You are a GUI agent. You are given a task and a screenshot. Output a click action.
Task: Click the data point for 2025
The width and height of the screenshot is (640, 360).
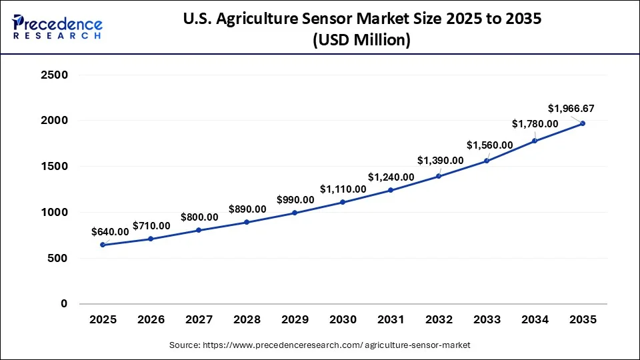click(x=103, y=245)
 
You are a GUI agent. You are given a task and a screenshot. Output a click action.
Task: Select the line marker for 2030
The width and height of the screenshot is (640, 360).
click(x=343, y=202)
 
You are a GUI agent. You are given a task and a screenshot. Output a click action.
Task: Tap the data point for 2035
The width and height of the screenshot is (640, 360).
click(x=583, y=123)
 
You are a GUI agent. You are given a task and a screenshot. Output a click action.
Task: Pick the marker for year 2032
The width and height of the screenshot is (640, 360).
click(x=439, y=176)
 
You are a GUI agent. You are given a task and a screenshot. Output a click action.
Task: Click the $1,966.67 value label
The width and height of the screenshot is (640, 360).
click(x=571, y=108)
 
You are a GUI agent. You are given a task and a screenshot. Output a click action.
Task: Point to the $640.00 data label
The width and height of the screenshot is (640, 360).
click(x=110, y=231)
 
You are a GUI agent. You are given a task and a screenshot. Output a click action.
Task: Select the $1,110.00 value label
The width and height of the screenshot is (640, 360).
click(x=343, y=189)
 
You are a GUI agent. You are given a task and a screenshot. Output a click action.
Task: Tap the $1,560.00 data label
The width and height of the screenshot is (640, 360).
click(x=490, y=145)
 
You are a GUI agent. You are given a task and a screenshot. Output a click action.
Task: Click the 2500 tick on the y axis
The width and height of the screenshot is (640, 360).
click(x=55, y=75)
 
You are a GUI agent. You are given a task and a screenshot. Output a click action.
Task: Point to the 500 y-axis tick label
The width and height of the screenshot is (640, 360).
click(x=59, y=258)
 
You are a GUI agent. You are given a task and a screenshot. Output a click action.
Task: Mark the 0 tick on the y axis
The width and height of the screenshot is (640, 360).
click(x=64, y=303)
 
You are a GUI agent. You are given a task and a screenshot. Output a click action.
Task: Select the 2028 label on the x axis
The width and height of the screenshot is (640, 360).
click(x=247, y=320)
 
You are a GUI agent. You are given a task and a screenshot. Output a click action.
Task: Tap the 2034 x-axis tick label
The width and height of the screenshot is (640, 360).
click(x=535, y=320)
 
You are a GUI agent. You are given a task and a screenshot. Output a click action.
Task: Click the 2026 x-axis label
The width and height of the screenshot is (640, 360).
click(x=151, y=320)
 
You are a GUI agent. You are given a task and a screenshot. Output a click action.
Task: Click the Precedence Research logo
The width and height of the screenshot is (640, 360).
click(x=57, y=27)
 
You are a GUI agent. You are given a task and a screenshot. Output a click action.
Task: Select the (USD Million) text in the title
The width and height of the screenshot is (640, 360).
click(x=361, y=41)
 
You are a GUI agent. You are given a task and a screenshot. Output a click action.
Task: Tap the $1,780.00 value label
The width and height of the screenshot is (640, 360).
click(x=535, y=123)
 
